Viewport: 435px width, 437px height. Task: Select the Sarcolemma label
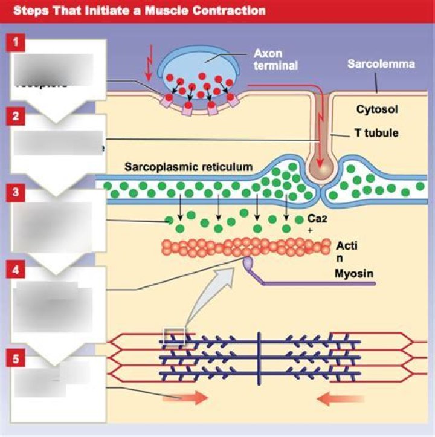coord(381,63)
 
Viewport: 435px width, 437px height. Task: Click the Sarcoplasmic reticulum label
coord(188,166)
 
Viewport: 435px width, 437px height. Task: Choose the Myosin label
coord(354,273)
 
